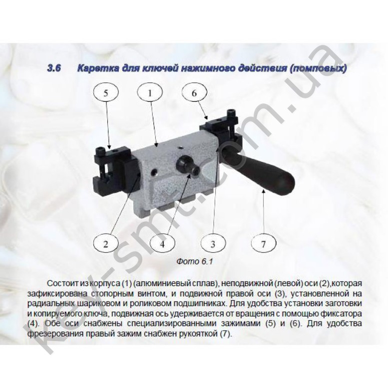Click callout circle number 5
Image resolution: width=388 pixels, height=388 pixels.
(106, 93)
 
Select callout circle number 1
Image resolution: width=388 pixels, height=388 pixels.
(150, 93)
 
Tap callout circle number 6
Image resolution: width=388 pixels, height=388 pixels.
(194, 93)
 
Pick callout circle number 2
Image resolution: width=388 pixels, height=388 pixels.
(106, 244)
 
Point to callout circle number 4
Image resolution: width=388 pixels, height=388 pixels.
(162, 244)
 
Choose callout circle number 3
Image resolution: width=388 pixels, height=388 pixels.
(213, 244)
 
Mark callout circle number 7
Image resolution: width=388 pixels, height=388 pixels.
(263, 244)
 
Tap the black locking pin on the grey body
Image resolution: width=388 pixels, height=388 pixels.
(188, 166)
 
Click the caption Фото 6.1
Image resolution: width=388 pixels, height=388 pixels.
(195, 262)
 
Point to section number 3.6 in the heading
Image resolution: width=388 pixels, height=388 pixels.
(54, 68)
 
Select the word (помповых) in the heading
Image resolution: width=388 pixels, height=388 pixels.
(318, 68)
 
